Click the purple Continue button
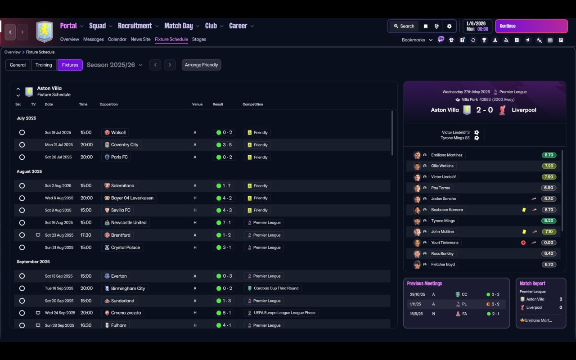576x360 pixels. coord(531,26)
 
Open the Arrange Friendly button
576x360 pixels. coord(201,65)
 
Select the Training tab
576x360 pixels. coord(44,65)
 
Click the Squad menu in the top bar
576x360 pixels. coord(98,26)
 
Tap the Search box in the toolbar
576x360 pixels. coord(404,26)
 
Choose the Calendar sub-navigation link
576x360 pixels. coord(117,39)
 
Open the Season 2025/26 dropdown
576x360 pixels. coord(114,65)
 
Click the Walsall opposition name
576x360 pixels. coord(118,132)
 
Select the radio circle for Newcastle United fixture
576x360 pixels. coord(22,223)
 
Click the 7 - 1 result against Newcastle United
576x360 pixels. coord(226,223)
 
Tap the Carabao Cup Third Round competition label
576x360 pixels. coord(276,288)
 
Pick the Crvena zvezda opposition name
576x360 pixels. coord(126,313)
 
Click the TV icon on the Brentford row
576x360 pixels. coord(38,235)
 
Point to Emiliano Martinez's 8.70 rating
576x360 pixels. coord(549,155)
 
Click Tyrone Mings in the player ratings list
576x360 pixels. coord(443,220)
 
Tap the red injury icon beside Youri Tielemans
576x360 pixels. coord(523,243)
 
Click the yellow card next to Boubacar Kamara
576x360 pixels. coord(524,210)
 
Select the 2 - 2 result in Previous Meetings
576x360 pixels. coord(495,304)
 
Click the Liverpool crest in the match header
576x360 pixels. coord(502,110)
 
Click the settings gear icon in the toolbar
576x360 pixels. coord(449,26)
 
